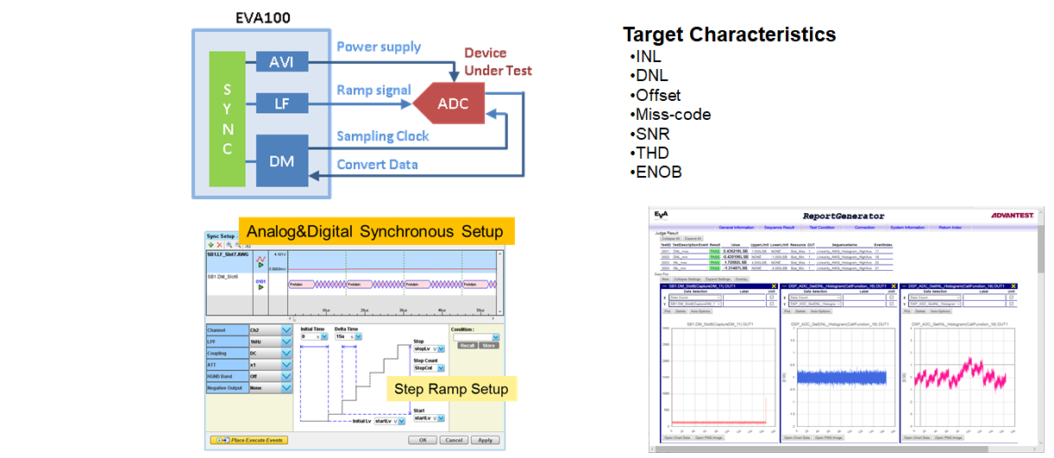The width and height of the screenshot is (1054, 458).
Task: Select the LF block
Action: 282,105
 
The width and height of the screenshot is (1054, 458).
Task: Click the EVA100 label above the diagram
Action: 263,16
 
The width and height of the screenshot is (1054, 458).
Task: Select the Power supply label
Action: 378,47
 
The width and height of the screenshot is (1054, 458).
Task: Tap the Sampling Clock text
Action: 382,135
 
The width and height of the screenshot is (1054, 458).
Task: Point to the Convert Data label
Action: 377,165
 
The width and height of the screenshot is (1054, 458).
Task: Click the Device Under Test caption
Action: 498,61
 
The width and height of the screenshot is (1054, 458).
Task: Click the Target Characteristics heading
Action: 729,35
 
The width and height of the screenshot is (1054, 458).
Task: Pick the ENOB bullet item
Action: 658,172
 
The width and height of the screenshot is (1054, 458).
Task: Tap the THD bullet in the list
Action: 653,153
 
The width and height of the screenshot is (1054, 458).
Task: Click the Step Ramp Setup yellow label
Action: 450,389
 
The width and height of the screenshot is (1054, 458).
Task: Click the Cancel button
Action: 452,440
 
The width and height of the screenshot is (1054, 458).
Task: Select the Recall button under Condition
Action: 466,345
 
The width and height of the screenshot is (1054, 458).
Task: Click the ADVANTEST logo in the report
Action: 1016,215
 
